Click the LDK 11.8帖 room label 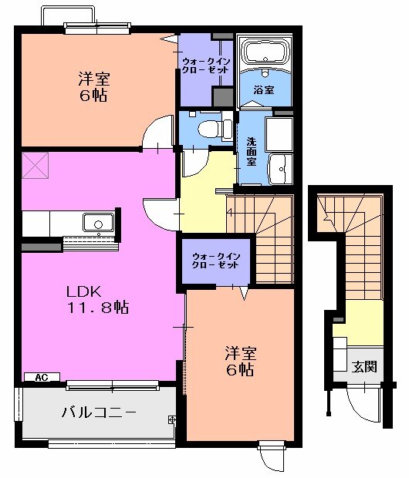(96, 300)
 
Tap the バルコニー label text (98, 412)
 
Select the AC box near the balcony (42, 377)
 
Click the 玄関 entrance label (365, 366)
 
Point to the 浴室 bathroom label (264, 90)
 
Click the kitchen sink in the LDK (97, 224)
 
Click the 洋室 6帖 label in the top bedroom (91, 86)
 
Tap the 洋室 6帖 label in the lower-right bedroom (239, 361)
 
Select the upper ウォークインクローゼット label (205, 65)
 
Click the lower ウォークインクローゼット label (217, 259)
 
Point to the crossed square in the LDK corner (35, 164)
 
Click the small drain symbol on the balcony (171, 419)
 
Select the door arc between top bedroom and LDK (158, 131)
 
